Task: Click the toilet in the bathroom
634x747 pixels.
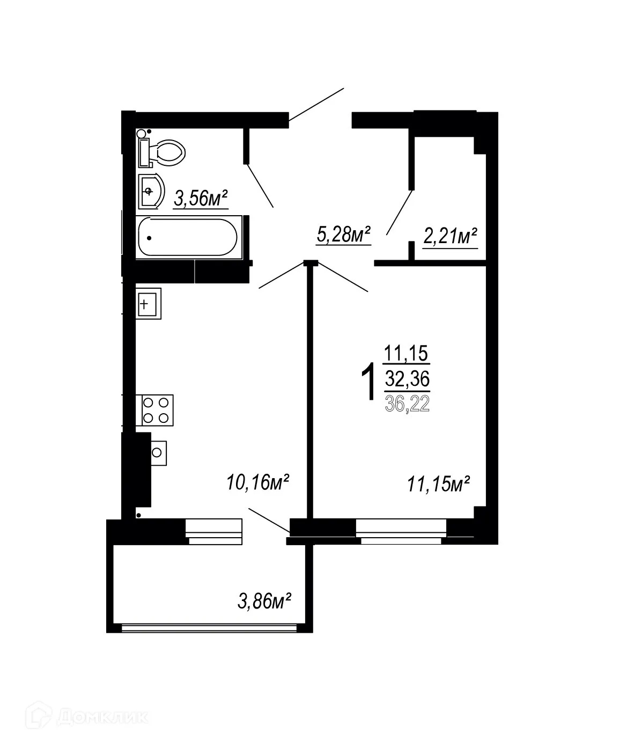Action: [164, 152]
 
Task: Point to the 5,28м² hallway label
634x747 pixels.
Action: [344, 235]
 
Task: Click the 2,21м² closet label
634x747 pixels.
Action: [450, 236]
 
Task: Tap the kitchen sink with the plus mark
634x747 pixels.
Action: [148, 305]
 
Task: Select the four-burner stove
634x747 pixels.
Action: [157, 410]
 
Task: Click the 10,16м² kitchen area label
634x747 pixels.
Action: [258, 482]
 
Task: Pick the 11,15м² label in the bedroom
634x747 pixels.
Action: [438, 485]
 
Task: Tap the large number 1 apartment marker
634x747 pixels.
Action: [368, 382]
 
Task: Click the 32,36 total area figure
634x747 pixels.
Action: [407, 380]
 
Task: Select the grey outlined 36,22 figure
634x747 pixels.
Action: [407, 403]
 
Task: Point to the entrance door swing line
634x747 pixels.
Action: [316, 104]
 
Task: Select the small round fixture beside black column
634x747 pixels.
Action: [157, 452]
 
